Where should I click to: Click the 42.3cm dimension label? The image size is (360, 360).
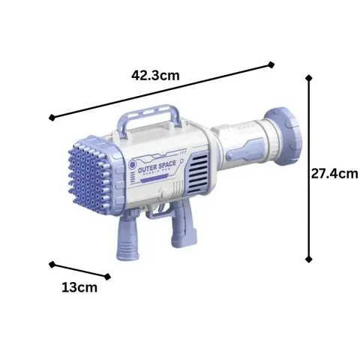tap(155, 75)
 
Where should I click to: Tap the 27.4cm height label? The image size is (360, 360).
tap(334, 174)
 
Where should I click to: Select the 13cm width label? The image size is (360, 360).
tap(79, 287)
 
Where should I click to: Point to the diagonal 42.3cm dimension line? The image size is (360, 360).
tap(161, 91)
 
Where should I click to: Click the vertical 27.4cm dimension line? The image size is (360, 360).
tap(309, 166)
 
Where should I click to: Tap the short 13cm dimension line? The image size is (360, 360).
tap(79, 271)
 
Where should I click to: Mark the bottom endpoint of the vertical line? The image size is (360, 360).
tap(309, 259)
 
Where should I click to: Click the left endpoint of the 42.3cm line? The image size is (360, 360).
tap(51, 117)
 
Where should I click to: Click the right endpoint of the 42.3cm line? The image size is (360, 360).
tap(271, 65)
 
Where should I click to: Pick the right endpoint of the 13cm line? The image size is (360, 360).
tap(108, 277)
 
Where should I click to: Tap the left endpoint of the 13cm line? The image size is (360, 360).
tap(51, 264)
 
